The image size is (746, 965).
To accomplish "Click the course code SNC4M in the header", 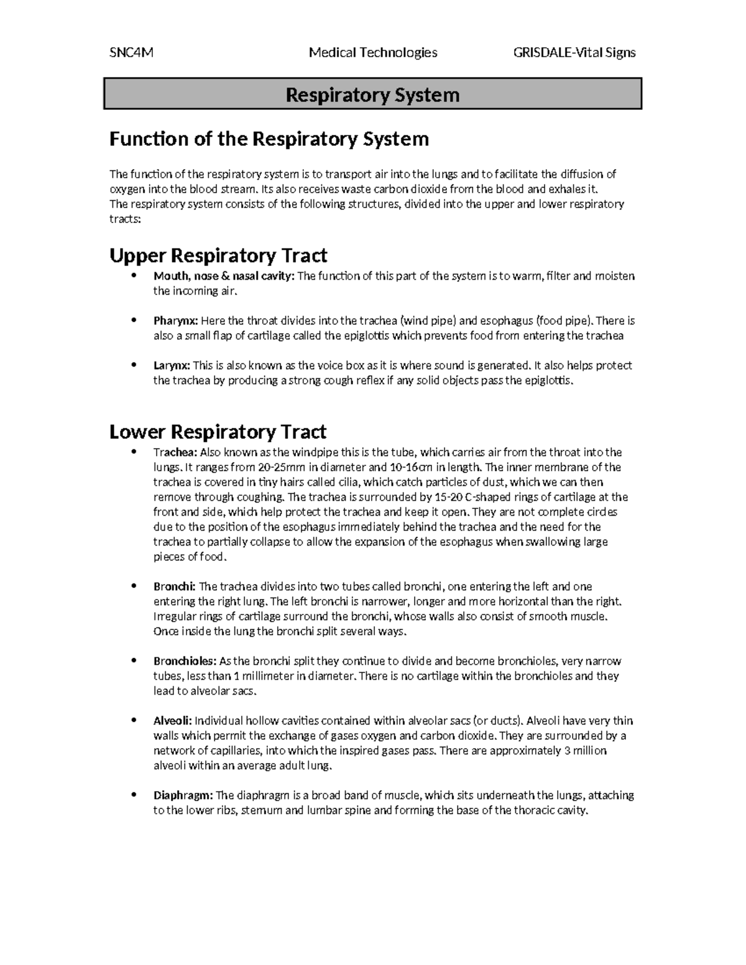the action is pyautogui.click(x=131, y=53).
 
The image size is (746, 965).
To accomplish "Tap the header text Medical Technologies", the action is pyautogui.click(x=373, y=53).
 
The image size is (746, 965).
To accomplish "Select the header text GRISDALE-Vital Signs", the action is pyautogui.click(x=574, y=53).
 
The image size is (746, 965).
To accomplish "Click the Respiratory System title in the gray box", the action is pyautogui.click(x=372, y=95).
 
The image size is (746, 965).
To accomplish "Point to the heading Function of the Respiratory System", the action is pyautogui.click(x=269, y=139).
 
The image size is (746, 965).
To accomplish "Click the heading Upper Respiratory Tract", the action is pyautogui.click(x=218, y=255).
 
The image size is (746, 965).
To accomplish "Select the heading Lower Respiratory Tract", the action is pyautogui.click(x=218, y=431).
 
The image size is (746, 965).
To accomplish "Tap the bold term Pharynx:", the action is pyautogui.click(x=176, y=321).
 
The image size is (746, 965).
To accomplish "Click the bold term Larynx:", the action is pyautogui.click(x=172, y=366).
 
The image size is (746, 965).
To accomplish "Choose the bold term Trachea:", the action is pyautogui.click(x=175, y=452).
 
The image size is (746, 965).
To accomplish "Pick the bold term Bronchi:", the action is pyautogui.click(x=175, y=587).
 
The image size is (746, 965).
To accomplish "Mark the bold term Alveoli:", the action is pyautogui.click(x=173, y=721).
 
